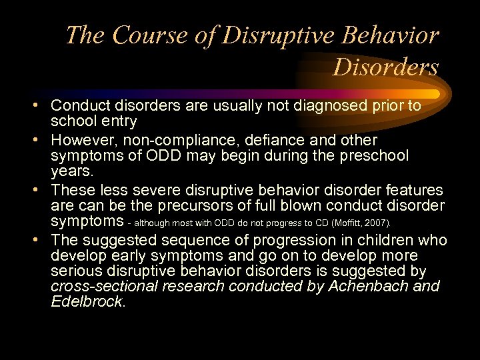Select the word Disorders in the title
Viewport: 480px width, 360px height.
385,67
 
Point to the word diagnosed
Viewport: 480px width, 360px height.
319,106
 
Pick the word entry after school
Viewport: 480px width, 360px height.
120,121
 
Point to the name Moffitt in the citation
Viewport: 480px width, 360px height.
344,222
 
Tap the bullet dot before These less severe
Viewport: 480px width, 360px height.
41,191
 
